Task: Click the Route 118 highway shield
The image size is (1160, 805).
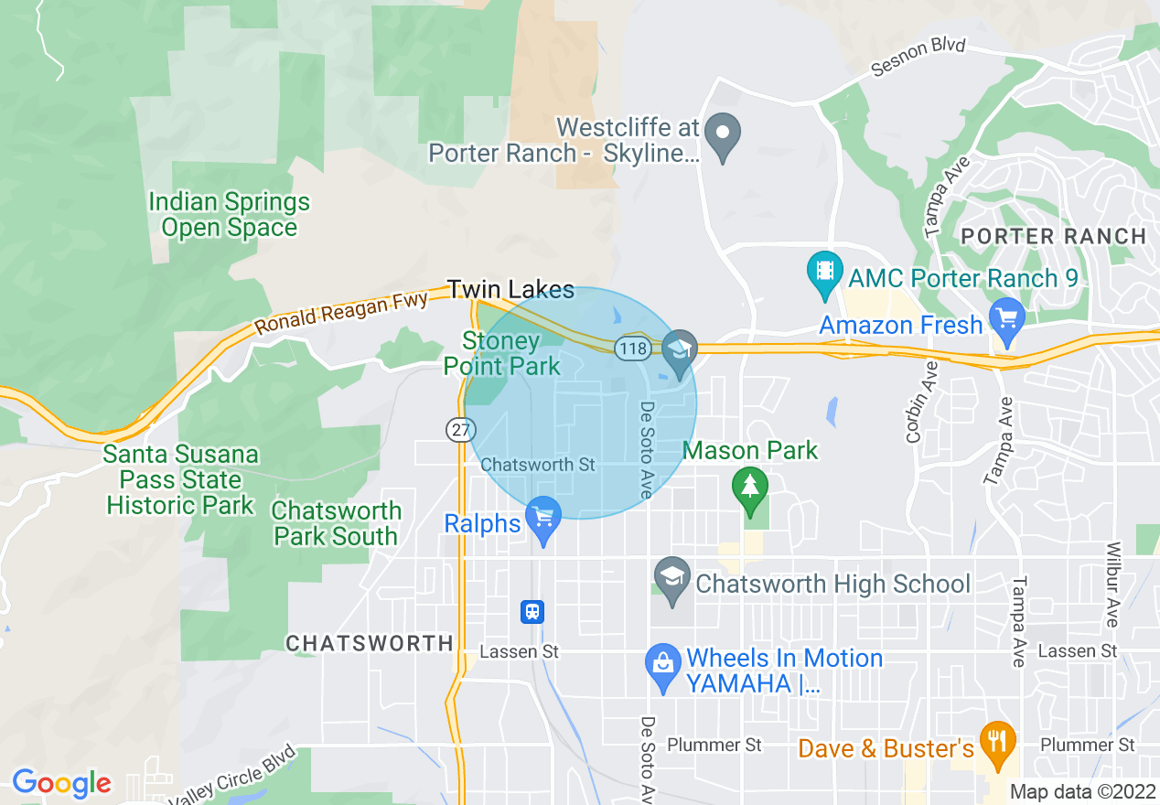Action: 632,349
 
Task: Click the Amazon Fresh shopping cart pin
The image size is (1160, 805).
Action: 1007,320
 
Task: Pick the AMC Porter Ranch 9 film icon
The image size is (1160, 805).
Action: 825,273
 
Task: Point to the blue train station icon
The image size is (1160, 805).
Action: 532,611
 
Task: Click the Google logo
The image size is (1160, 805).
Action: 61,784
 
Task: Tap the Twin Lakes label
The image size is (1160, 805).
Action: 510,290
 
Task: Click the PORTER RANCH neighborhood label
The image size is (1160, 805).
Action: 1053,236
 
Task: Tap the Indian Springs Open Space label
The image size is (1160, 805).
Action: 229,214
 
